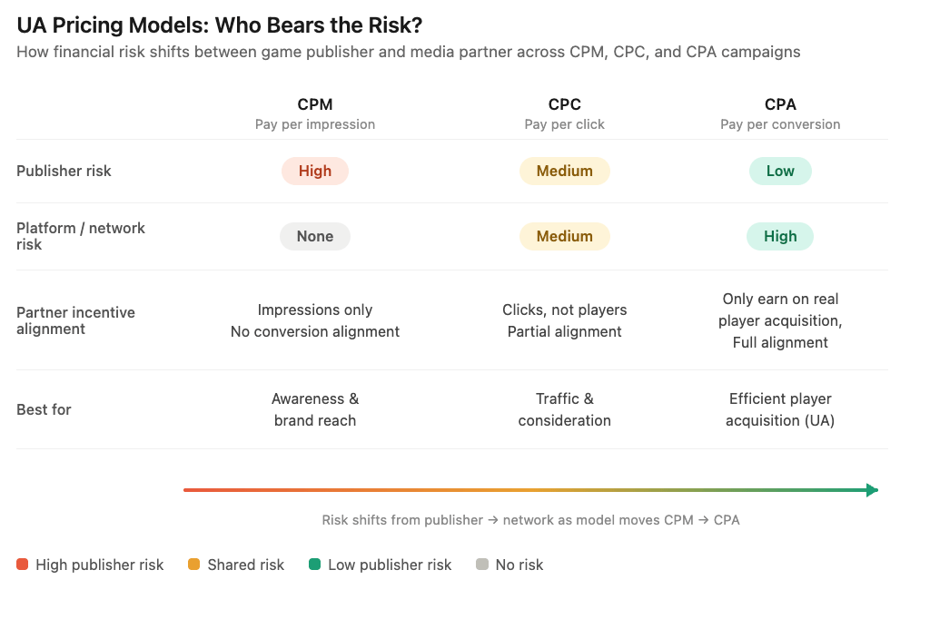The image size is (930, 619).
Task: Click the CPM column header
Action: pyautogui.click(x=315, y=104)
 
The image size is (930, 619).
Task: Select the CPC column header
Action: pyautogui.click(x=564, y=104)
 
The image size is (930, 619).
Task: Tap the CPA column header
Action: pyautogui.click(x=780, y=104)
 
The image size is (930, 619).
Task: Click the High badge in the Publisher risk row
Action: pyautogui.click(x=315, y=171)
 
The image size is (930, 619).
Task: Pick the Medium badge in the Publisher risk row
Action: pyautogui.click(x=564, y=171)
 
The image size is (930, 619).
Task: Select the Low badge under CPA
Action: pyautogui.click(x=780, y=171)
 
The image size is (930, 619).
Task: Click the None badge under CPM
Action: pyautogui.click(x=315, y=236)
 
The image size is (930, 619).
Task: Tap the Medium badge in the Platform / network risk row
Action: pyautogui.click(x=564, y=236)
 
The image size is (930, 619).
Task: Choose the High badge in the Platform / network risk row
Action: pyautogui.click(x=780, y=236)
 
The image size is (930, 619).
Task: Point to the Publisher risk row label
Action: pyautogui.click(x=64, y=171)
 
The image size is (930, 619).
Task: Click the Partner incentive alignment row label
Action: pyautogui.click(x=75, y=320)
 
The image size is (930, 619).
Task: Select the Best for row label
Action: pyautogui.click(x=44, y=409)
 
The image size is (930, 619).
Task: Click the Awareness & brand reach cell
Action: pyautogui.click(x=315, y=409)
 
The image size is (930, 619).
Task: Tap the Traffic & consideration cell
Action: pyautogui.click(x=564, y=409)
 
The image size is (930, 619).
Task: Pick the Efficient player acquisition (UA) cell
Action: pyautogui.click(x=780, y=409)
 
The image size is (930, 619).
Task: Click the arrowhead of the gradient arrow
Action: pyautogui.click(x=872, y=490)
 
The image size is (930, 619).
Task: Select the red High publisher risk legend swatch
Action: pyautogui.click(x=23, y=565)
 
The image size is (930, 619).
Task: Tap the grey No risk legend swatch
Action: pyautogui.click(x=482, y=565)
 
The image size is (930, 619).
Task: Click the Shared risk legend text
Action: pyautogui.click(x=245, y=565)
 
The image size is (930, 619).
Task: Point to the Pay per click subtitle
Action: pyautogui.click(x=564, y=124)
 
